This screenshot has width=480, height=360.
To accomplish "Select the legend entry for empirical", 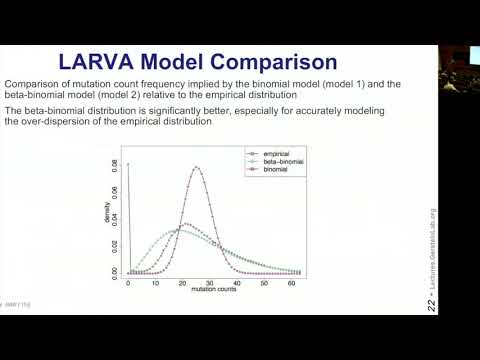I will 265,153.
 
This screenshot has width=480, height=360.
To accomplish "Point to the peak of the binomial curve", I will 197,167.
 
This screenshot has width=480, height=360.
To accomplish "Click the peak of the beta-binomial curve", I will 185,231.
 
